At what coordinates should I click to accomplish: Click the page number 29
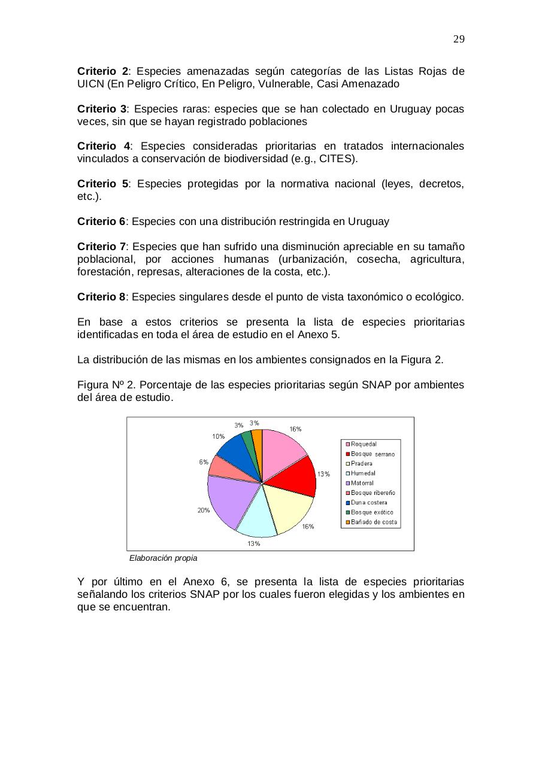pos(459,39)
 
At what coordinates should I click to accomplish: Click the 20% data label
pos(204,510)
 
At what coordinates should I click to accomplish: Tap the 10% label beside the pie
pos(219,436)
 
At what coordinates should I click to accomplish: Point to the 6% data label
pos(204,462)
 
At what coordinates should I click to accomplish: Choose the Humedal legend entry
pos(363,473)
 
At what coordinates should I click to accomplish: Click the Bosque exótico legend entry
pos(371,512)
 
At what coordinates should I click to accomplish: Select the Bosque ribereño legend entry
pos(373,493)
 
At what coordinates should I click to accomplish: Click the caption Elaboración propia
pos(163,558)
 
